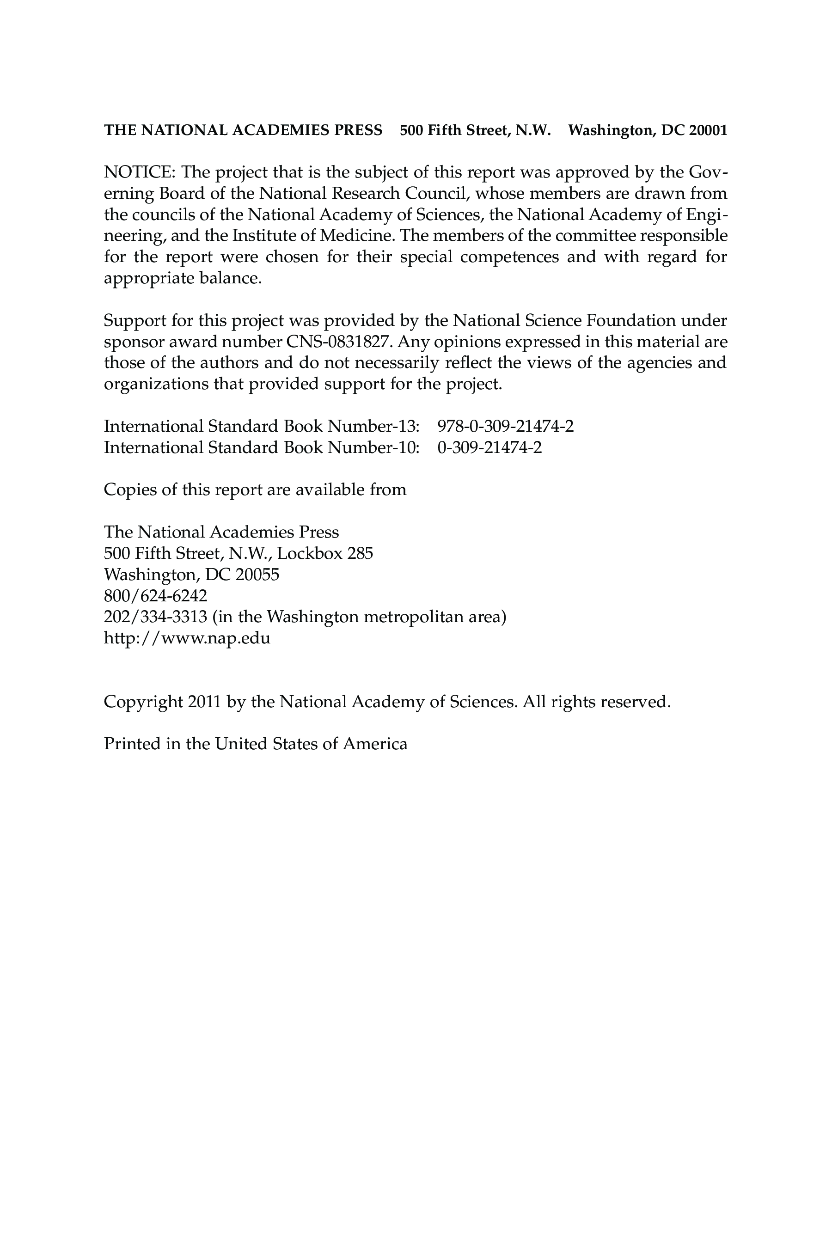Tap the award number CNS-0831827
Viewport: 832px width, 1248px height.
[340, 342]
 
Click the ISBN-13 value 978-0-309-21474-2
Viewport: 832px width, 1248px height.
[505, 426]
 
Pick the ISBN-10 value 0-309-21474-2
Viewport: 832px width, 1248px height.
[489, 447]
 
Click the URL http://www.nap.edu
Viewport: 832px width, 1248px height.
[187, 638]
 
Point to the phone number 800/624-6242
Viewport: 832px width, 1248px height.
[155, 596]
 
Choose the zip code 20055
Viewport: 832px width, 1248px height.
[257, 575]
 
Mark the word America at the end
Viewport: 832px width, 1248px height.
[375, 744]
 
